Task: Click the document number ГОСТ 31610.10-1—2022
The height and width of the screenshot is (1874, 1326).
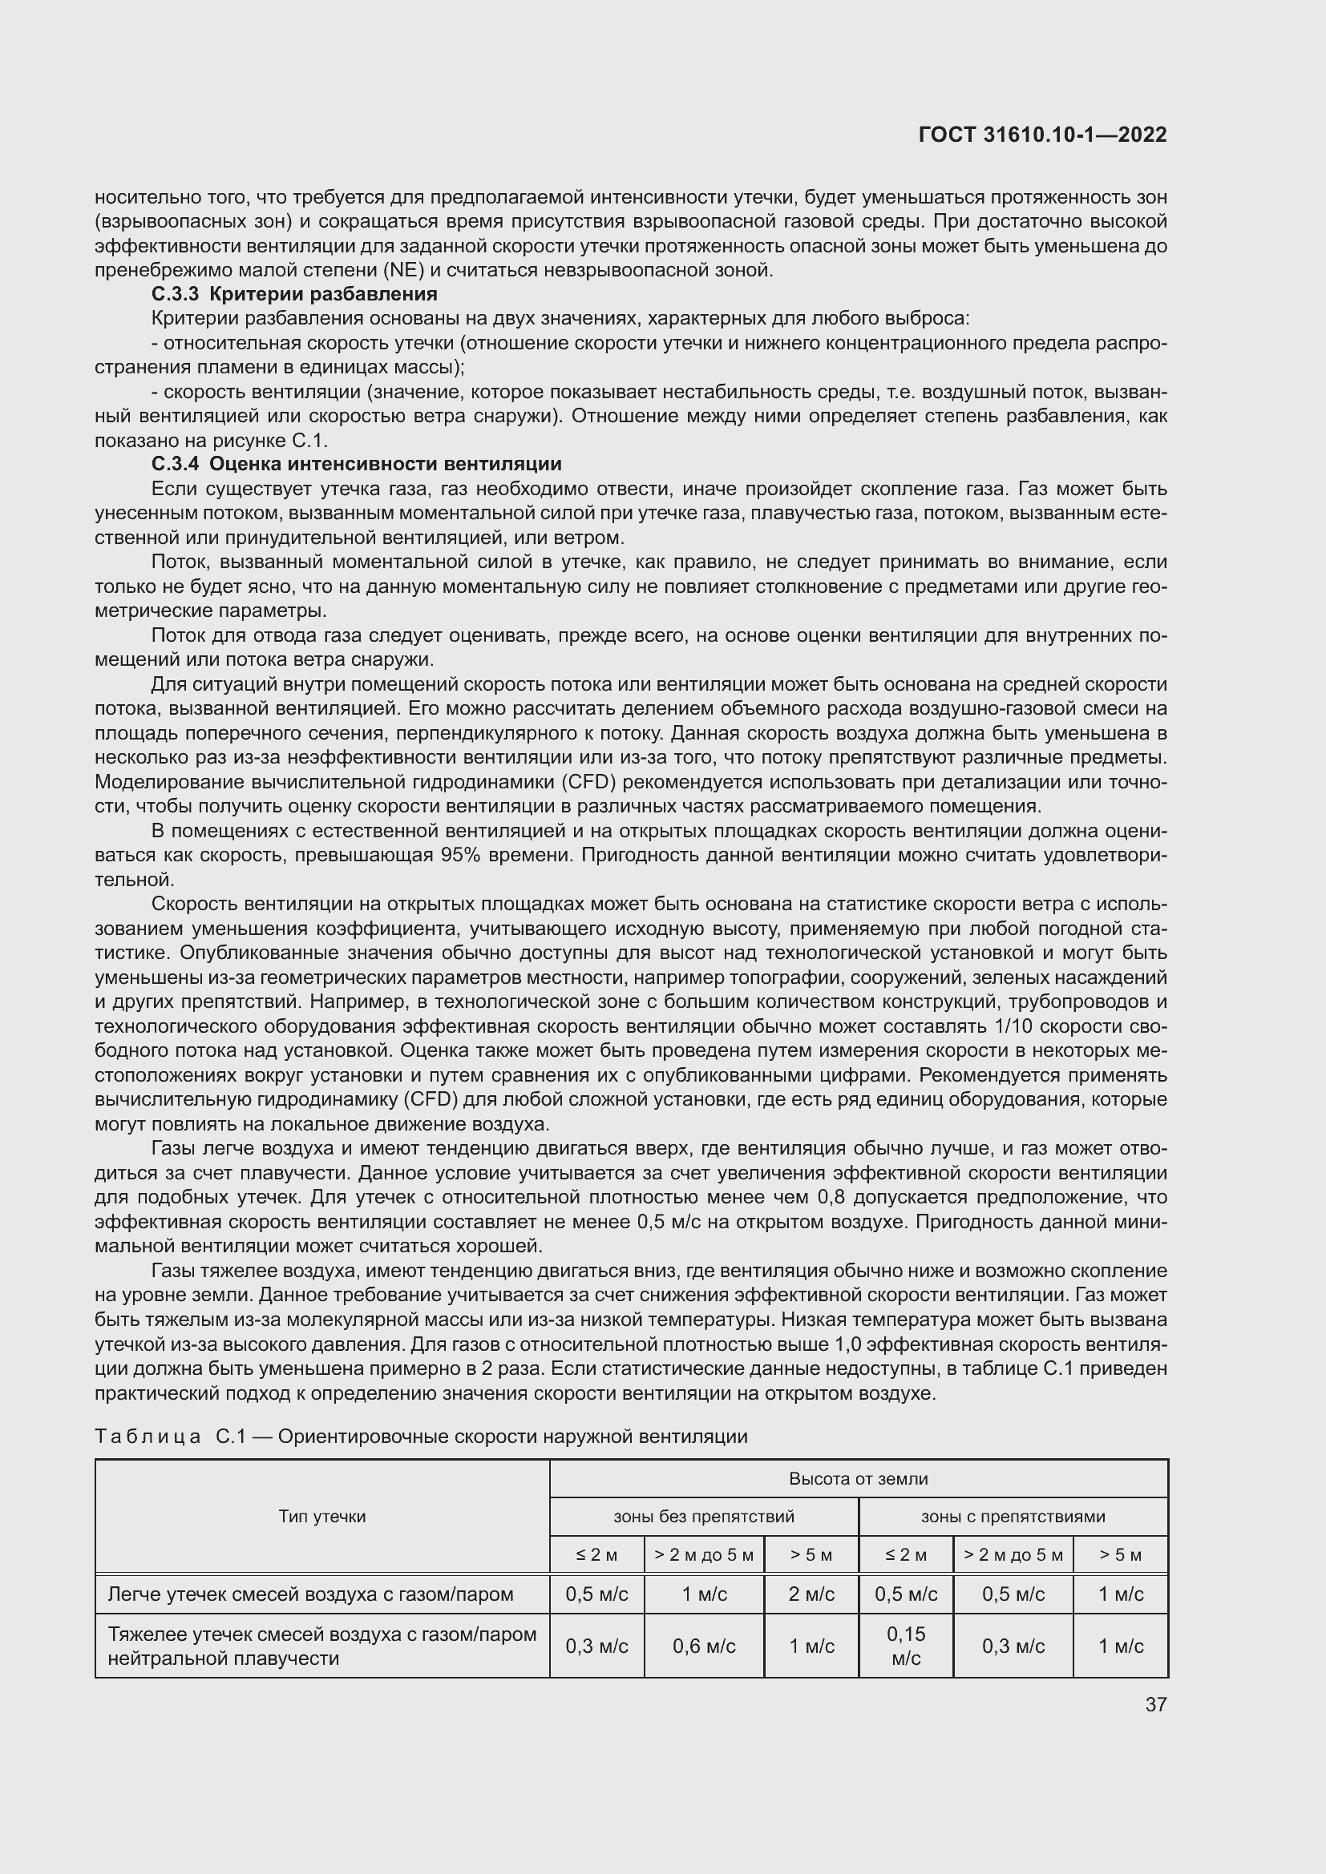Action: pyautogui.click(x=1042, y=135)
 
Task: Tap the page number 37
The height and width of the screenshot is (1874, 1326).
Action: pyautogui.click(x=1155, y=1704)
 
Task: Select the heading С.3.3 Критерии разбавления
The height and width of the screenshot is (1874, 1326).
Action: pyautogui.click(x=295, y=294)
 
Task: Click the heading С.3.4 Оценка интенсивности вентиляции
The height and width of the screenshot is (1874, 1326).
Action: pyautogui.click(x=357, y=465)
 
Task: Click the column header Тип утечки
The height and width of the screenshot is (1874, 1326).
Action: pyautogui.click(x=321, y=1517)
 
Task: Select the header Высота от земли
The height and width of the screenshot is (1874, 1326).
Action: pyautogui.click(x=858, y=1479)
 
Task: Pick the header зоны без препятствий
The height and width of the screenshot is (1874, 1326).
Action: pyautogui.click(x=704, y=1517)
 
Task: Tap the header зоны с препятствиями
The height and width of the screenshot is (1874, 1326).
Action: pyautogui.click(x=1013, y=1517)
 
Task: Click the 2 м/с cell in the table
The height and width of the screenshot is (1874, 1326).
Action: pyautogui.click(x=811, y=1594)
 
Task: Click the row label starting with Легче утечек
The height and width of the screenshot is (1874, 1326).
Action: pyautogui.click(x=310, y=1594)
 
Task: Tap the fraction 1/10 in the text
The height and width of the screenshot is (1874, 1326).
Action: pyautogui.click(x=1018, y=1027)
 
